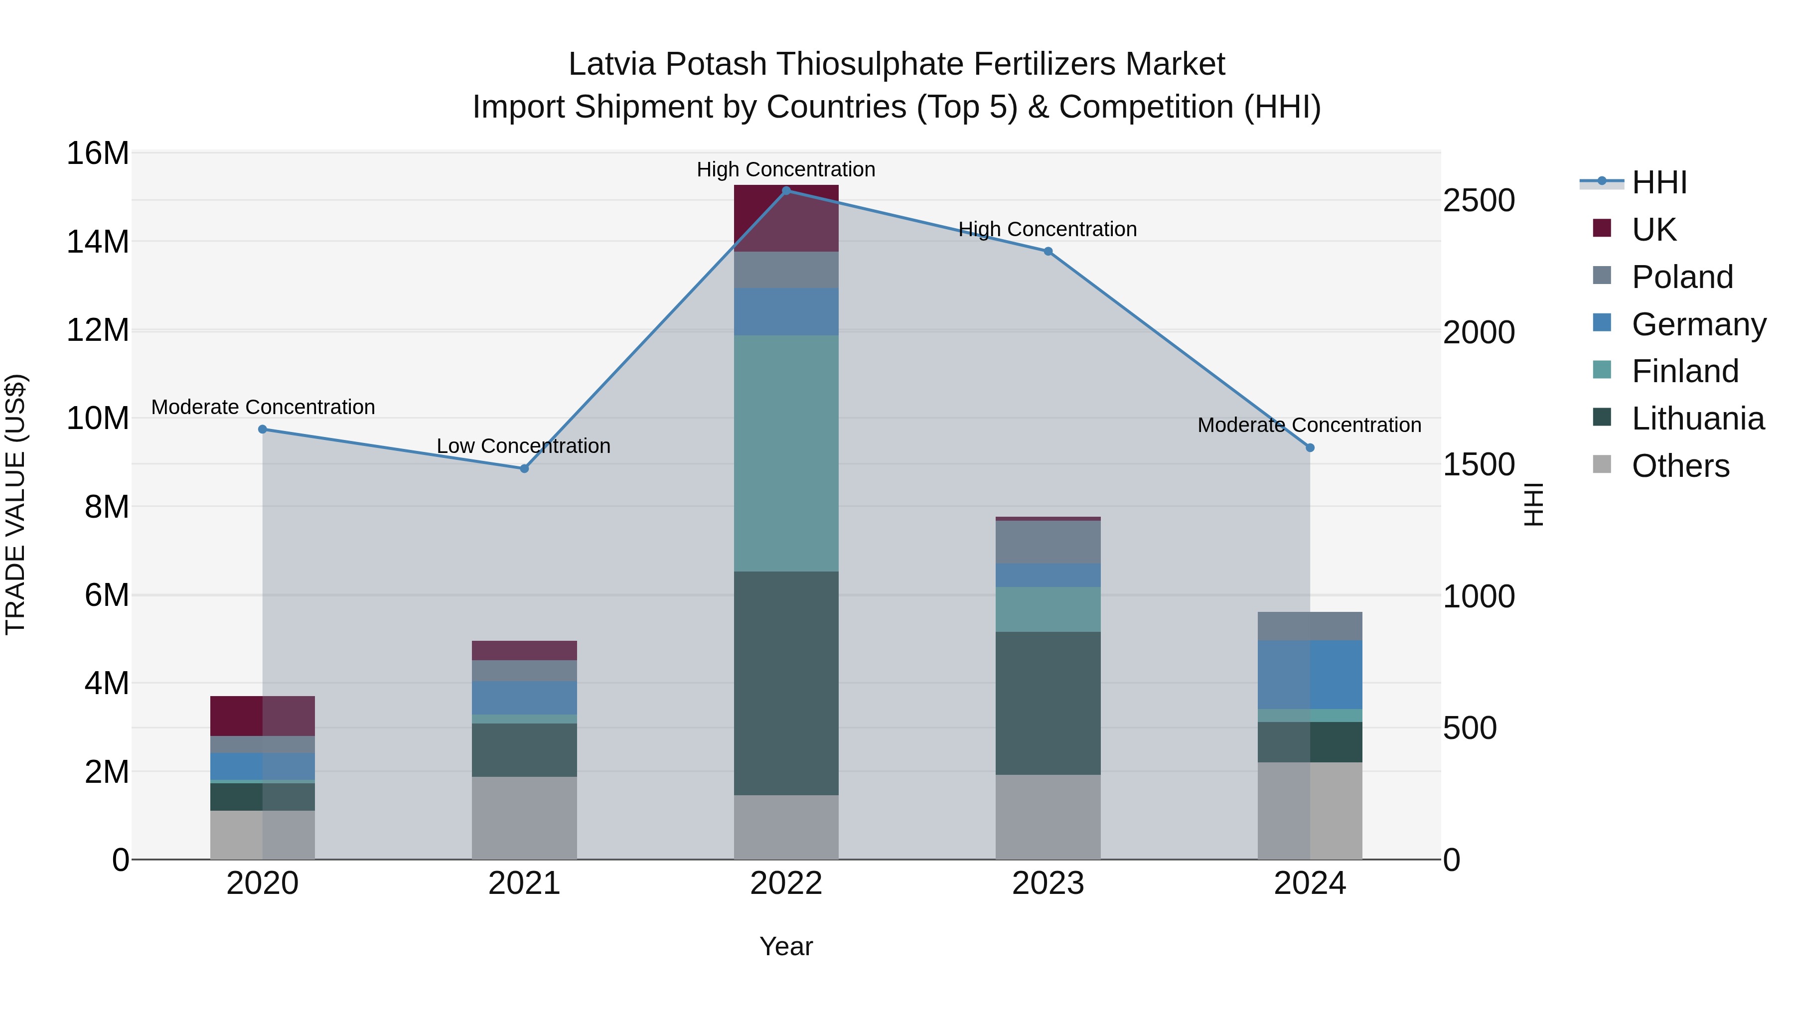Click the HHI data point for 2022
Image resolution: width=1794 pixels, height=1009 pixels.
(786, 190)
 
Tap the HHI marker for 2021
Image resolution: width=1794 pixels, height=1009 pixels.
(524, 469)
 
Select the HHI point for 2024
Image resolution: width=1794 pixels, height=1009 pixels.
(1310, 448)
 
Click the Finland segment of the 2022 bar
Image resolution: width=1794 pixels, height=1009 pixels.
(786, 453)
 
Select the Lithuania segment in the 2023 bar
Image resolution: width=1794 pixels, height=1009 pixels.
(1048, 703)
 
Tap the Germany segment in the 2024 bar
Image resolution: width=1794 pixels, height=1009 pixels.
(1310, 675)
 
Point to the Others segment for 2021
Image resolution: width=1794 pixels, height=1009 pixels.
(524, 818)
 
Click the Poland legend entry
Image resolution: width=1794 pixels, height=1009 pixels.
(1681, 277)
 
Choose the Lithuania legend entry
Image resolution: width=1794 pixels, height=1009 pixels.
(1697, 419)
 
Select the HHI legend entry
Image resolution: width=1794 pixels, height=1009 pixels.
(1659, 182)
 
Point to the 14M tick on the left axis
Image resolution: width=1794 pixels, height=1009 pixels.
(98, 242)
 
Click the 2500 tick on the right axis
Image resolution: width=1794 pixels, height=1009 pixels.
(1479, 200)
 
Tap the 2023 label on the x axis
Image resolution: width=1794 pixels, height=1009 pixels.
(1048, 883)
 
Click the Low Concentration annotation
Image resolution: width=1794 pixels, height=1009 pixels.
(524, 445)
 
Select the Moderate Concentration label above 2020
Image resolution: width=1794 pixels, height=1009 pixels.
(263, 407)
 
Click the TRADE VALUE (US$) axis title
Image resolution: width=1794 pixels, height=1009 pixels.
(15, 504)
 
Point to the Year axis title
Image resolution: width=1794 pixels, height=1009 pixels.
(786, 946)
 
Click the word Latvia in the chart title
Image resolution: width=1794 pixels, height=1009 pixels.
(612, 64)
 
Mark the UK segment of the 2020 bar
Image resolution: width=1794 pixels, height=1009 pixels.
(263, 716)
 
